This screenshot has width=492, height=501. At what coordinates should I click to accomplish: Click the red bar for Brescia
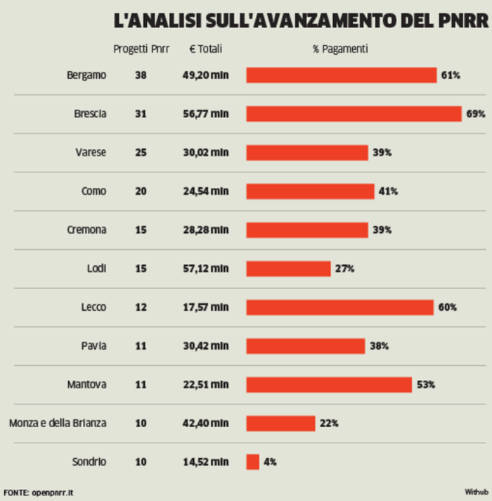point(354,114)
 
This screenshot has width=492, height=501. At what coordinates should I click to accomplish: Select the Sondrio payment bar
point(252,462)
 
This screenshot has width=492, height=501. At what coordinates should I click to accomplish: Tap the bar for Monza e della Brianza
point(280,423)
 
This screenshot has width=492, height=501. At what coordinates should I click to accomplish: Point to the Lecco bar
point(339,307)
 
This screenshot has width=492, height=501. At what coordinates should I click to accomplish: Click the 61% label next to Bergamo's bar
point(451,75)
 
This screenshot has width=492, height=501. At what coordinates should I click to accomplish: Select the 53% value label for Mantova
point(425,384)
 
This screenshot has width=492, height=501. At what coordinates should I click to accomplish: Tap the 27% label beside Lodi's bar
point(344,269)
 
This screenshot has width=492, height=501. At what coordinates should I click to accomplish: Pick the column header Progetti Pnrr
point(141,50)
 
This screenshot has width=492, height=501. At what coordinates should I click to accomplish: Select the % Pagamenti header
point(340,50)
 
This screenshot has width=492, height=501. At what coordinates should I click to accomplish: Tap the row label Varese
point(91,153)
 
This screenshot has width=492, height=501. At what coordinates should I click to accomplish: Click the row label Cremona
point(86,230)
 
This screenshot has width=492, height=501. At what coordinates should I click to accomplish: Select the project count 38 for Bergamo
point(141,75)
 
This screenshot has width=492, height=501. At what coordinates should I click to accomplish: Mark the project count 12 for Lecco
point(141,307)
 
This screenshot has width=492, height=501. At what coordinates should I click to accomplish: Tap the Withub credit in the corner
point(475,490)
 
